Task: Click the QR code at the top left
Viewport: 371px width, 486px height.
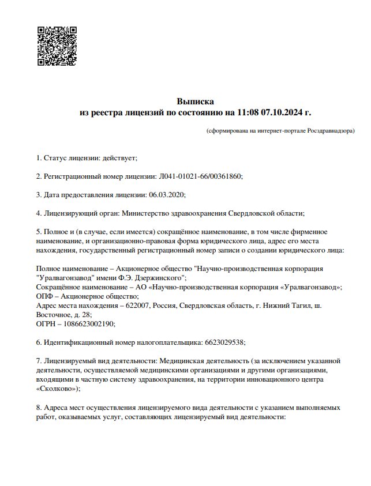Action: pyautogui.click(x=57, y=46)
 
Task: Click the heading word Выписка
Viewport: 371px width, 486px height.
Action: pyautogui.click(x=195, y=101)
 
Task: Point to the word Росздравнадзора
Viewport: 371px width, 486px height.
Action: pyautogui.click(x=331, y=131)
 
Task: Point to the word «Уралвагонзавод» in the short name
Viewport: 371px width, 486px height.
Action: pyautogui.click(x=312, y=287)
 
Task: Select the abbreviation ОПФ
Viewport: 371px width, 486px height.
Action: pyautogui.click(x=44, y=296)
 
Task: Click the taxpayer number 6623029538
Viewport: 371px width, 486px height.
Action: pyautogui.click(x=225, y=342)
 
